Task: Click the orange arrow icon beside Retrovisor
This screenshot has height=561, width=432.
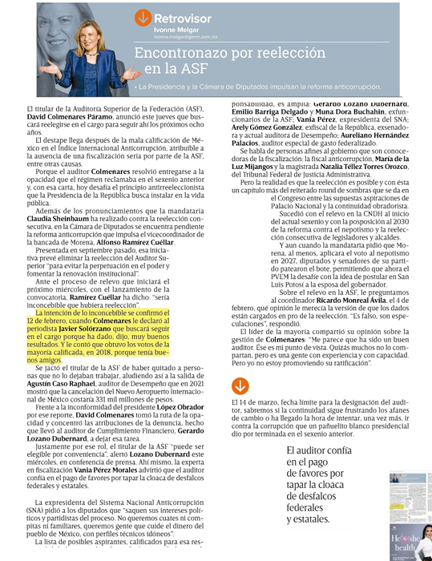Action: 143,17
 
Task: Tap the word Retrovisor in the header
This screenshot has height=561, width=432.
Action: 183,17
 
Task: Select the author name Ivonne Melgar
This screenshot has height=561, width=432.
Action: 177,30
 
